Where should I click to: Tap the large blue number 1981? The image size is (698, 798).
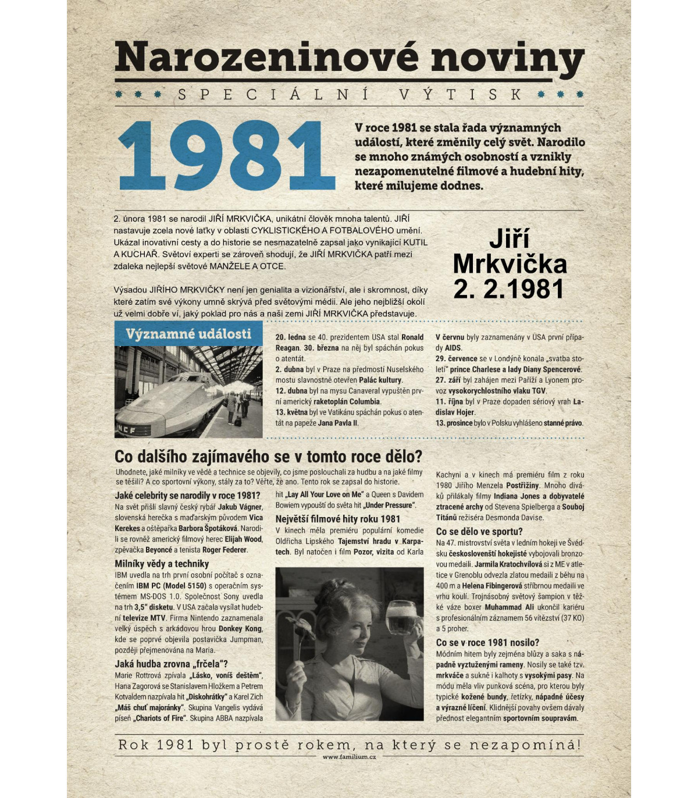tap(226, 156)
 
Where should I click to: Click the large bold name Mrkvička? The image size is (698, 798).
tap(510, 264)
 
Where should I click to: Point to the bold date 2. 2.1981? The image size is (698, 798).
tap(508, 289)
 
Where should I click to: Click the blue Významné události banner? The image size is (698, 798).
tap(188, 334)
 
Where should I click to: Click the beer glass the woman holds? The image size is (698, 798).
tap(401, 618)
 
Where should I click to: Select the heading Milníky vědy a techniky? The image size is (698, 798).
tap(162, 564)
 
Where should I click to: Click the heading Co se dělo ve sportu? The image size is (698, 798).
tap(479, 532)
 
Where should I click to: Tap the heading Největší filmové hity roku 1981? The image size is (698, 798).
tap(337, 519)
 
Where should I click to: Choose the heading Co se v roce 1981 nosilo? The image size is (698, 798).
tap(487, 642)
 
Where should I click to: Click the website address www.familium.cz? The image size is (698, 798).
tap(349, 757)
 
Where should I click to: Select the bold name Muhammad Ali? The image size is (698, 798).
tap(509, 607)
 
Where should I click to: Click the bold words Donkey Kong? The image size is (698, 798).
tap(239, 629)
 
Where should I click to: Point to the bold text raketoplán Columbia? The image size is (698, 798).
tap(347, 401)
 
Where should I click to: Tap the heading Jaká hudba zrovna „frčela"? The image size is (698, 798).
tap(171, 664)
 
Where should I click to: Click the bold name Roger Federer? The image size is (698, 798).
tap(225, 550)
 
